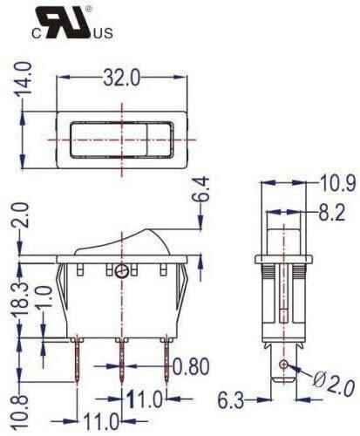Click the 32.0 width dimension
121,78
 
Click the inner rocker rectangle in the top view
121,136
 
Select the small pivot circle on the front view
121,272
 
